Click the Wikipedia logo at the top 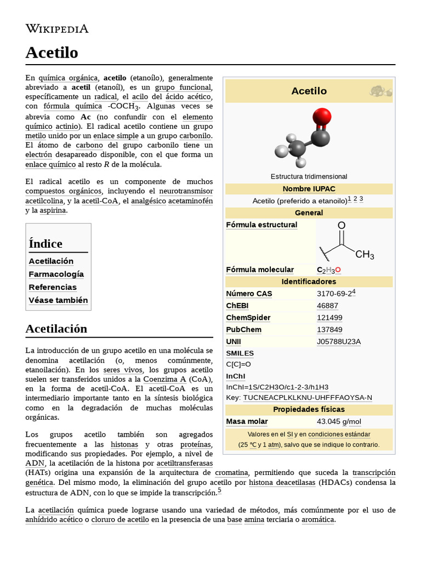click(x=57, y=29)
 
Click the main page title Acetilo click(x=52, y=53)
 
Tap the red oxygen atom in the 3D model click(x=322, y=117)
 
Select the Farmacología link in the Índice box click(x=56, y=274)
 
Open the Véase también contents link click(x=58, y=300)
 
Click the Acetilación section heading click(x=56, y=329)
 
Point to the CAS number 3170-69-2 click(x=334, y=294)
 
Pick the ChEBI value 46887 click(x=327, y=306)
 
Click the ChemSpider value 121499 click(x=329, y=318)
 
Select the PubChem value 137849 click(x=329, y=330)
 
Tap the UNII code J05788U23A click(x=339, y=342)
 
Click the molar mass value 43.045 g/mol click(x=339, y=421)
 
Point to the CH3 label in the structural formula click(x=365, y=255)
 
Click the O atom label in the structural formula click(x=342, y=226)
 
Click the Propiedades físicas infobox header click(x=309, y=410)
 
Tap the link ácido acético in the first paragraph click(x=192, y=97)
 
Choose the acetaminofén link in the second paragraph click(x=190, y=201)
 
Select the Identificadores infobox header click(x=309, y=282)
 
